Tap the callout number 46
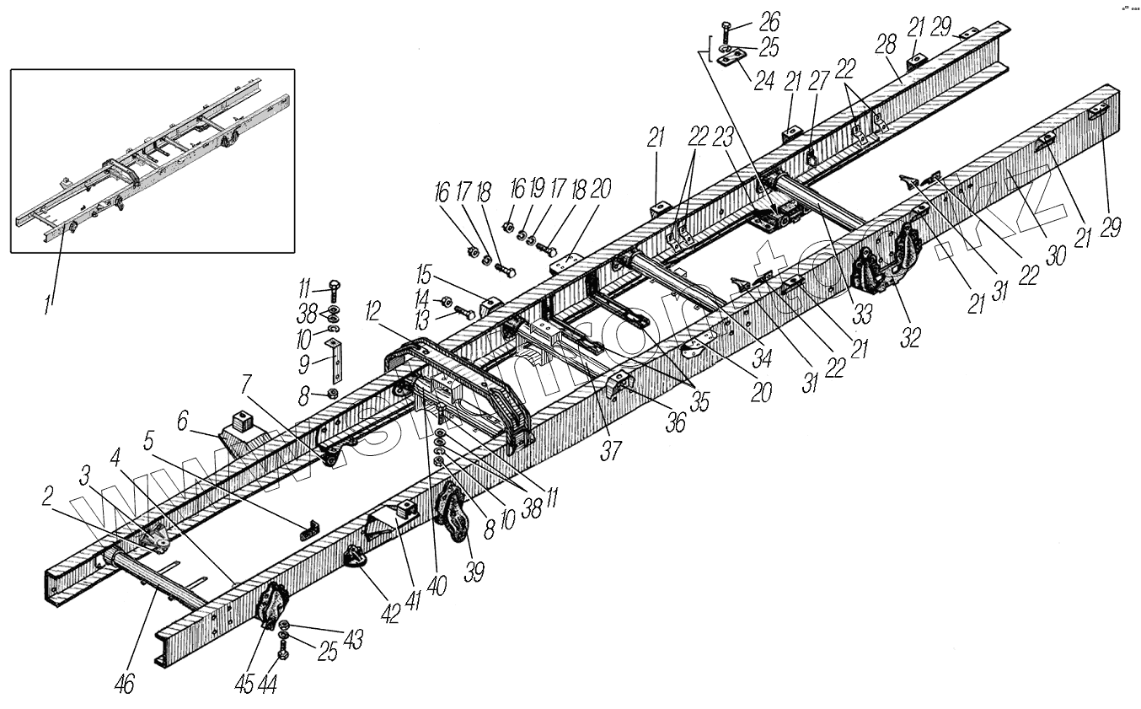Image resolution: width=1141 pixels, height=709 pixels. (x=124, y=684)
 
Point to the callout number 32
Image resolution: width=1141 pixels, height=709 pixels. (x=909, y=336)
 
